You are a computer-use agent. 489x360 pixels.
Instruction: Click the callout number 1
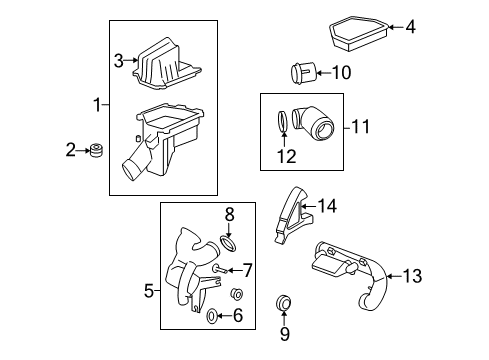pos(97,105)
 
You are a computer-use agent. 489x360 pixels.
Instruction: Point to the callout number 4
pos(410,27)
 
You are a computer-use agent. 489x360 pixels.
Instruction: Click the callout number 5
pos(149,291)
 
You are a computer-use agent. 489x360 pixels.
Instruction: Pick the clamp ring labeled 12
pos(284,123)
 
